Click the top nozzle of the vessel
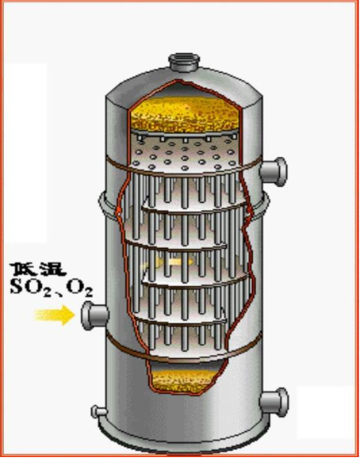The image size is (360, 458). (184, 62)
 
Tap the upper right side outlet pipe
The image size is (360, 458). (274, 171)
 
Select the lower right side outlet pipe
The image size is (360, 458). (274, 403)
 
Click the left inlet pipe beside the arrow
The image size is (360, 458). (94, 315)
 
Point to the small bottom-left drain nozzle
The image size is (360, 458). (98, 412)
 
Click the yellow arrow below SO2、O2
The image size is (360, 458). (55, 315)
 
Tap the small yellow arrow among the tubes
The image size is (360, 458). (167, 262)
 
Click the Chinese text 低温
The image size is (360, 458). (38, 269)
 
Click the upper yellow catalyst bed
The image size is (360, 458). (185, 114)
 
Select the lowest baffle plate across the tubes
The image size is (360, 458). (181, 321)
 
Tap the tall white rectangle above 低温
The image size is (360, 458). (25, 153)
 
